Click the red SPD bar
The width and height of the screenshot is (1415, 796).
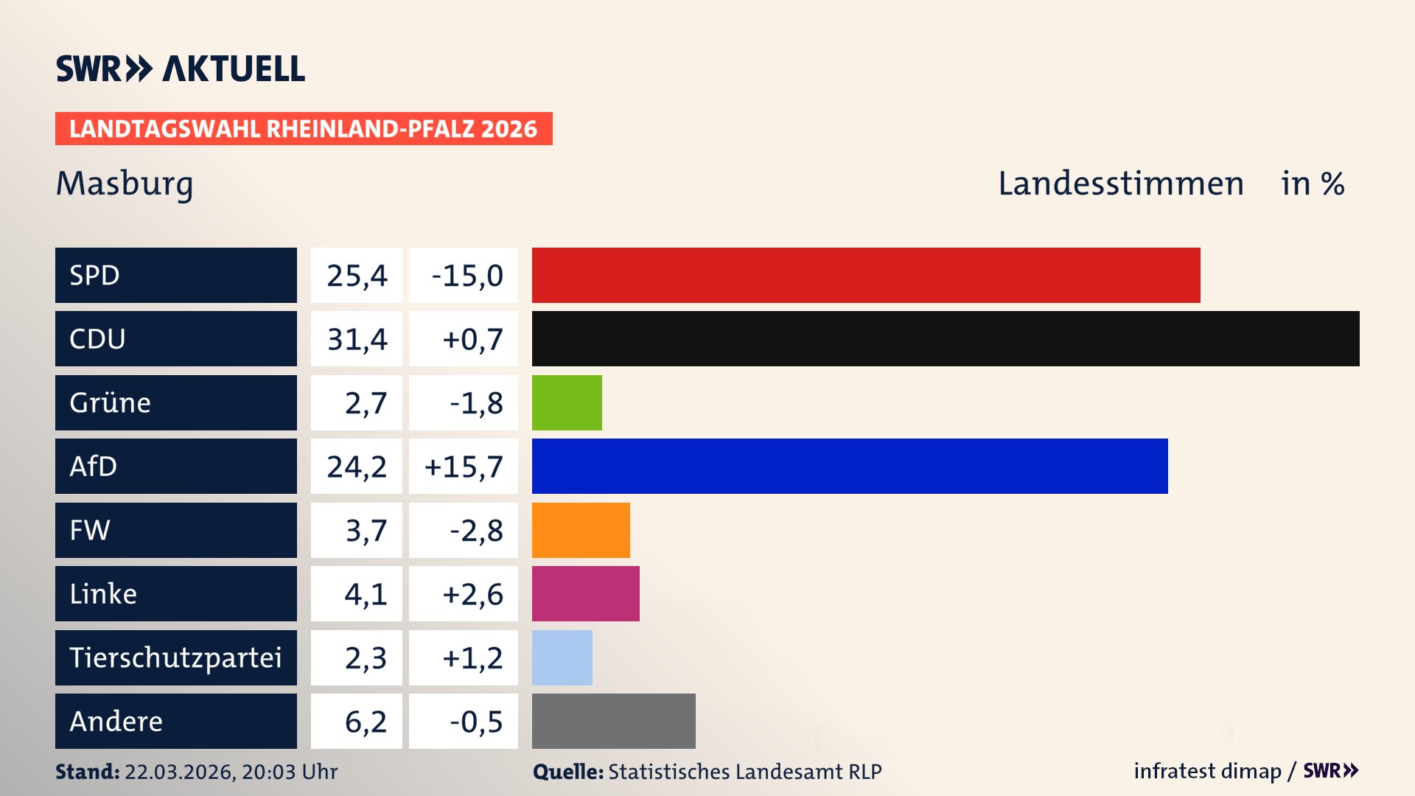tap(866, 275)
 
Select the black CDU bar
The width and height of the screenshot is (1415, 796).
tap(946, 338)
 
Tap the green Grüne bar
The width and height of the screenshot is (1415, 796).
tap(567, 402)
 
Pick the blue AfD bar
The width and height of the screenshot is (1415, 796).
tap(850, 466)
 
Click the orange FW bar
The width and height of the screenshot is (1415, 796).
tap(581, 530)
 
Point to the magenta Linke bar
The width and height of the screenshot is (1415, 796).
tap(586, 593)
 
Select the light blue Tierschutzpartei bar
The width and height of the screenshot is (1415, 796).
tap(562, 657)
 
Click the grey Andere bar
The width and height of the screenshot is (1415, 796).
tap(614, 721)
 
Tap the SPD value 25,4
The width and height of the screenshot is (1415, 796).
tap(357, 276)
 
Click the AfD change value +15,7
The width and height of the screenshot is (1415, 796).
tap(464, 467)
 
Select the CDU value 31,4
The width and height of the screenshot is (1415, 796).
tap(357, 339)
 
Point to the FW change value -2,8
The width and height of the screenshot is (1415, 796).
tap(476, 531)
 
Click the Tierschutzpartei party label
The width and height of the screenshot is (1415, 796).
tap(175, 657)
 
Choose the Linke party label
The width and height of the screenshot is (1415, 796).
tap(103, 593)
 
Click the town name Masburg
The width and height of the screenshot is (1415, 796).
tap(125, 184)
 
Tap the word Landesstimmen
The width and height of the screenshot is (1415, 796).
tap(1120, 184)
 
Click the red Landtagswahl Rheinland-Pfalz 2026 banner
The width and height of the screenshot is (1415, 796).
tap(304, 129)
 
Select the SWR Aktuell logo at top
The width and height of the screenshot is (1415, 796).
tap(181, 69)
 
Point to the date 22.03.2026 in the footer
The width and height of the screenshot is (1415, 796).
tap(179, 772)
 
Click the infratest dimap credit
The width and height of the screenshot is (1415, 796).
tap(1206, 771)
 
